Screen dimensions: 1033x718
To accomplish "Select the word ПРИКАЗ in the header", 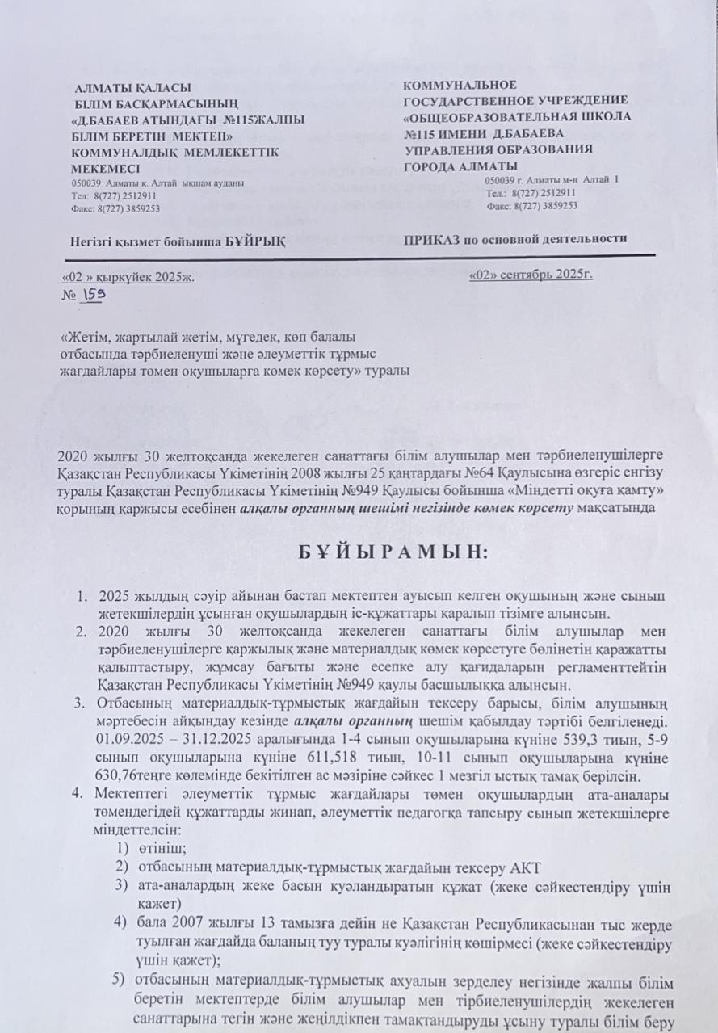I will pyautogui.click(x=430, y=239).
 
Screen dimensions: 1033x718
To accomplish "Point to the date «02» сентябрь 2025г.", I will pyautogui.click(x=531, y=275).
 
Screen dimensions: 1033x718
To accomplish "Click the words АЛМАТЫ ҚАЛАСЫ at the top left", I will pyautogui.click(x=133, y=86).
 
